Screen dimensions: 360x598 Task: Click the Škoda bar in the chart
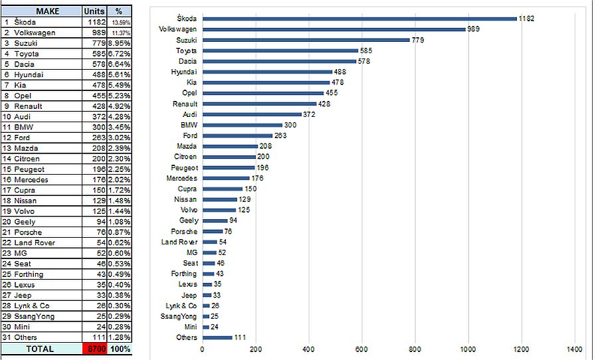click(x=359, y=19)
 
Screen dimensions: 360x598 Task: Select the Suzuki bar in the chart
click(x=306, y=40)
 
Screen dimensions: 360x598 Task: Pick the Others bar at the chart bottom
click(x=217, y=337)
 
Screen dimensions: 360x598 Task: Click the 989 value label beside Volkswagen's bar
click(x=474, y=29)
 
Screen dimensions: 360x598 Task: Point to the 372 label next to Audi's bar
click(x=308, y=114)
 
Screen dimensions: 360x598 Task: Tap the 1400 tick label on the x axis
click(x=575, y=349)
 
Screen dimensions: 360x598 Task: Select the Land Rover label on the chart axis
click(x=179, y=242)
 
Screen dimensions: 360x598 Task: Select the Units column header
click(x=94, y=11)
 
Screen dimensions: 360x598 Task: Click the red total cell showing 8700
click(x=95, y=349)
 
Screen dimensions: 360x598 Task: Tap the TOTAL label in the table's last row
click(x=40, y=349)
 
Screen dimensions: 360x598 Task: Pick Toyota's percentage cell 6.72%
click(x=119, y=54)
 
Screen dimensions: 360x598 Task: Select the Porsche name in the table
click(x=28, y=232)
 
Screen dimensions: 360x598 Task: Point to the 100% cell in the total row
click(x=120, y=349)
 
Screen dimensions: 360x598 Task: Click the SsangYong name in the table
click(x=33, y=316)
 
